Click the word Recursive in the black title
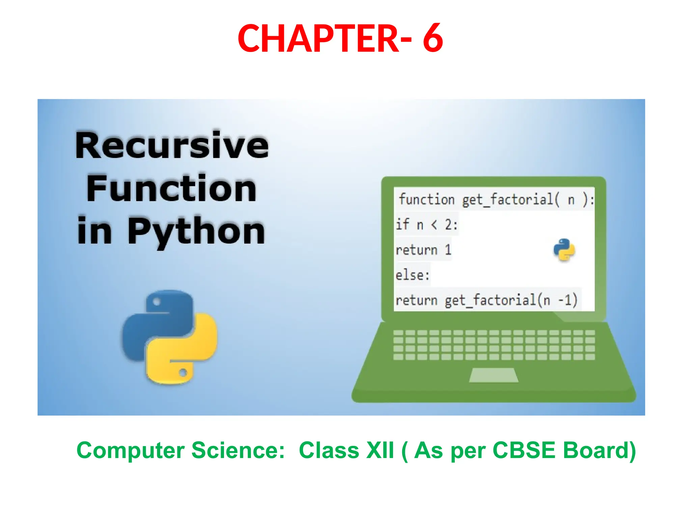(x=172, y=145)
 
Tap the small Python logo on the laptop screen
(x=564, y=250)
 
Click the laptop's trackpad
(x=493, y=375)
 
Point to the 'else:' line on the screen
(x=413, y=275)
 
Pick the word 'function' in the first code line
(x=426, y=199)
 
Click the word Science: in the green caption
(x=238, y=451)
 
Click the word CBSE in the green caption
(x=524, y=451)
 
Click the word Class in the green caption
(x=329, y=451)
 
